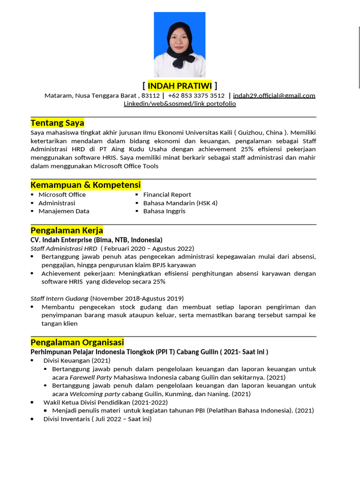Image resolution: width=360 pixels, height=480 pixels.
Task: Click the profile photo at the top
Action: [180, 45]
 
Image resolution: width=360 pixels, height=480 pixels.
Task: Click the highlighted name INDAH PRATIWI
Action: [180, 85]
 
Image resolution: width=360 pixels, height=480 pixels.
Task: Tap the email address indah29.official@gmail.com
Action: [274, 96]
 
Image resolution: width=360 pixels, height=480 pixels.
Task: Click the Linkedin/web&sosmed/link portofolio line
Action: [180, 104]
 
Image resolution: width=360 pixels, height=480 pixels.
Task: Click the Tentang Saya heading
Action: [57, 123]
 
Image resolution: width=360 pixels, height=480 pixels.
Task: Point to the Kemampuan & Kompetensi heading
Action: [85, 185]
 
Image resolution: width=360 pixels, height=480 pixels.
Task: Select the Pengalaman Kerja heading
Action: [67, 231]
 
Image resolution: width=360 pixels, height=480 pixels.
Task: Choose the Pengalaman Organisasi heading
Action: [77, 343]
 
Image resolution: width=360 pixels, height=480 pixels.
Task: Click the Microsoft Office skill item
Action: [62, 195]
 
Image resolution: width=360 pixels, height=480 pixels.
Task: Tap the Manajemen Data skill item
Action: [64, 211]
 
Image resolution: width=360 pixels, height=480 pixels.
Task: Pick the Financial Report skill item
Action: [167, 195]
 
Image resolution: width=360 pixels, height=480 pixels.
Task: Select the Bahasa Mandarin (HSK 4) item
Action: [180, 203]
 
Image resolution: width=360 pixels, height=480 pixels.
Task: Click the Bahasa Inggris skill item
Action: [164, 211]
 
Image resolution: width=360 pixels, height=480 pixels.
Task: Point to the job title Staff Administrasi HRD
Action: [64, 248]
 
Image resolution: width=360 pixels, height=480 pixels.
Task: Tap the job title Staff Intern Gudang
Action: [60, 298]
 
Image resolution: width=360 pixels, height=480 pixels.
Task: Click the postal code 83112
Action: [150, 96]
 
